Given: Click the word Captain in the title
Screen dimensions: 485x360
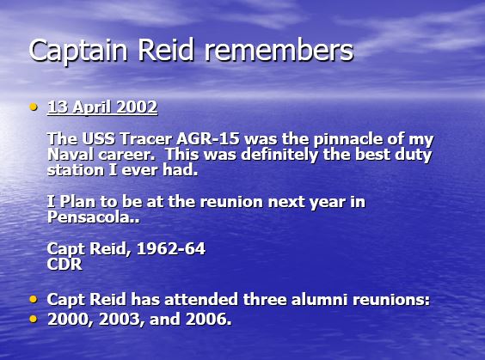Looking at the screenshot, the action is tap(78, 51).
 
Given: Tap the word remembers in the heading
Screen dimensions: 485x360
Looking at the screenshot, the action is tap(279, 50).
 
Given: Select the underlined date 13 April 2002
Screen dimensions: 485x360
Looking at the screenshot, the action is tap(102, 107).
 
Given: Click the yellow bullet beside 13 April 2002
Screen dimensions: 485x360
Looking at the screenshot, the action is tap(34, 107).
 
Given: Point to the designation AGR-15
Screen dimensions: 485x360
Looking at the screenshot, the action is tap(208, 138).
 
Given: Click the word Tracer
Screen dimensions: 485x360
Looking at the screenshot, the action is tap(145, 138).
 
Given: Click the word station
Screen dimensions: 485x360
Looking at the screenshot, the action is tap(76, 170).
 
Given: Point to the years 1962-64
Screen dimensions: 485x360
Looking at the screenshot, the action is tap(171, 248).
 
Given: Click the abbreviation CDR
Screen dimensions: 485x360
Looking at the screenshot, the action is tap(64, 265).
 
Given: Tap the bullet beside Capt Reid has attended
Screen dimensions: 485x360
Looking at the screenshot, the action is tap(34, 299).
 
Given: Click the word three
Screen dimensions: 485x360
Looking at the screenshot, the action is tap(265, 300).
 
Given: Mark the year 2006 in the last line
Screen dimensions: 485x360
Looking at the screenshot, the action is tap(208, 319).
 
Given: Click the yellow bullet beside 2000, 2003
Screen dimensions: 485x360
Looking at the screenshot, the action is tap(34, 319).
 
